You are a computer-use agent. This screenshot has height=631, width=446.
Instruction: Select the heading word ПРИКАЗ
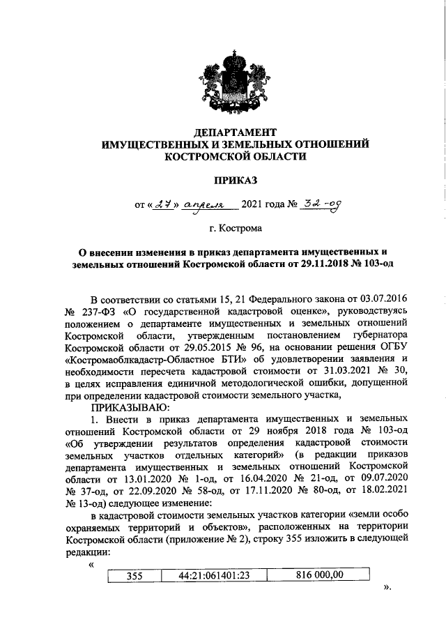pos(235,181)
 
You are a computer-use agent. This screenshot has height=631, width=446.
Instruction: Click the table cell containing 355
pos(134,576)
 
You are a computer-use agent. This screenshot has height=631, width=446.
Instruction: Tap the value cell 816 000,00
pos(320,575)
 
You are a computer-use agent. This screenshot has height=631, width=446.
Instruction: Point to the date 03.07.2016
pos(380,298)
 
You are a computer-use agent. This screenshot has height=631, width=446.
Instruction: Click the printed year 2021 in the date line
pos(254,205)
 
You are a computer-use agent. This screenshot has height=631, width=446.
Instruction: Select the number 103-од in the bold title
pos(371,265)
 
